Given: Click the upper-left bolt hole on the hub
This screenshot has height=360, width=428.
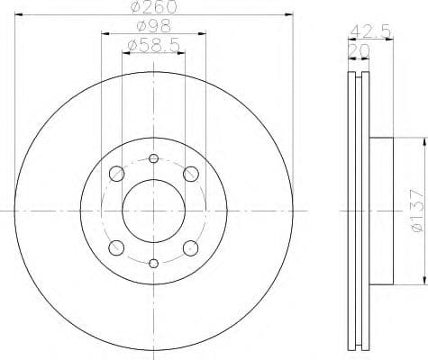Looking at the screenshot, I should (116, 174).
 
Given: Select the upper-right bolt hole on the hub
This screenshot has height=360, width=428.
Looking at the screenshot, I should (191, 174).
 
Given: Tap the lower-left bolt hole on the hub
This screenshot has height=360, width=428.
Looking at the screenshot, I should (116, 247).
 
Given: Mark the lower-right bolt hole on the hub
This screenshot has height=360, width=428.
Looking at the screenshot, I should (191, 247).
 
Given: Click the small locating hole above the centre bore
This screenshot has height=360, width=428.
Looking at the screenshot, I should (153, 159).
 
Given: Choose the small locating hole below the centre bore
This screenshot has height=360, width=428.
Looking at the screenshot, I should (153, 263).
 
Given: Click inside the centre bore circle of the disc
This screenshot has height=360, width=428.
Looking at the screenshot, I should (153, 211).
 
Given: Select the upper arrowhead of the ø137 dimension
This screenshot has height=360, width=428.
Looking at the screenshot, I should (420, 140).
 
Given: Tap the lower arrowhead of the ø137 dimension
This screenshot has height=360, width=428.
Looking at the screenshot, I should (420, 281).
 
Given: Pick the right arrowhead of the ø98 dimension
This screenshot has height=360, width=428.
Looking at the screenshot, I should (204, 33).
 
